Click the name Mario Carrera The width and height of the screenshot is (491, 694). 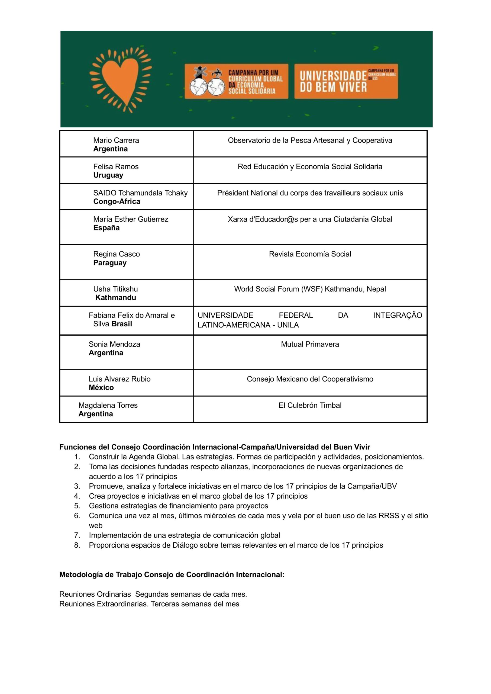point(116,140)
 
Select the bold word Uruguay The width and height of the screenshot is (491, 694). point(108,175)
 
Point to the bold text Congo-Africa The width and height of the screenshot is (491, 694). point(117,202)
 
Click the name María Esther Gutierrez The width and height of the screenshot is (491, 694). point(131,219)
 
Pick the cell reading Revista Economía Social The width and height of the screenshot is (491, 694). point(310,254)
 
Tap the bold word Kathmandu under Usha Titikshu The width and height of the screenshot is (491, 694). point(116,298)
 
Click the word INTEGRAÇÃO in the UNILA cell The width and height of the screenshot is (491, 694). point(397,315)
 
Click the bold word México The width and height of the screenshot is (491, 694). point(101,388)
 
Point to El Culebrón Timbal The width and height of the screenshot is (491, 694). point(310,405)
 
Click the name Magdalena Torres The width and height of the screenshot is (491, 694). point(108,405)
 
